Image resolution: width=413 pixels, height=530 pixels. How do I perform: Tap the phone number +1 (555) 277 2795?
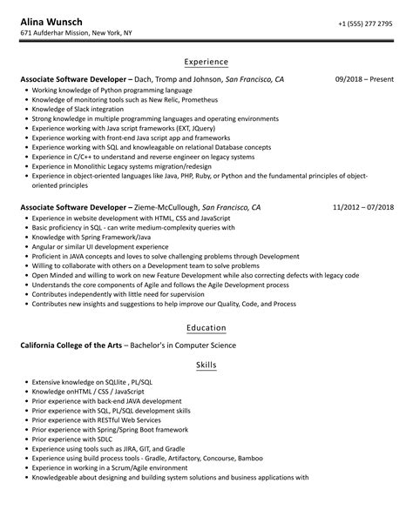click(365, 25)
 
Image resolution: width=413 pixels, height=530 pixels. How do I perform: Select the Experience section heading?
click(206, 63)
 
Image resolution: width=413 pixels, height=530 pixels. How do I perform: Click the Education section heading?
click(206, 328)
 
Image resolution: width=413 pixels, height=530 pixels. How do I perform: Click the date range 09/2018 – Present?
click(364, 80)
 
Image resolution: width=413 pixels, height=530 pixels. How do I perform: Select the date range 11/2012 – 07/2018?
click(362, 208)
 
